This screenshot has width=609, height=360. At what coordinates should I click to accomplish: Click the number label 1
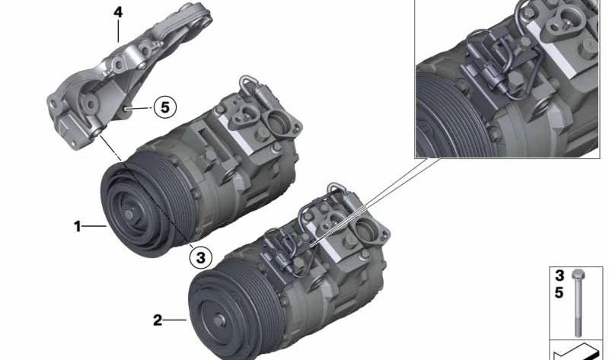click(x=77, y=226)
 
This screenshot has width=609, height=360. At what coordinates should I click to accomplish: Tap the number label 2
click(x=158, y=320)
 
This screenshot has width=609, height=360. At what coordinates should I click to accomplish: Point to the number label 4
click(x=117, y=13)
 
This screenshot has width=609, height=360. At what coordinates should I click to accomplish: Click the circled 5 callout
click(x=164, y=107)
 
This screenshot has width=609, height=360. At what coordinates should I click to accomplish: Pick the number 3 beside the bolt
click(x=560, y=276)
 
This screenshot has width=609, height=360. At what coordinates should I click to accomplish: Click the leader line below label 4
click(x=118, y=30)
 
